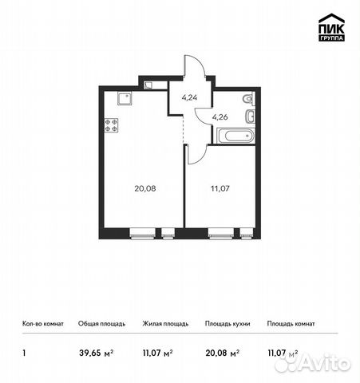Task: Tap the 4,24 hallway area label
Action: (x=190, y=99)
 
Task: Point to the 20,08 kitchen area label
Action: (x=144, y=189)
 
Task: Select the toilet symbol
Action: (x=248, y=99)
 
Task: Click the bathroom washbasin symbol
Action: (x=250, y=118)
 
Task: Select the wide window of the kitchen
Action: (x=144, y=235)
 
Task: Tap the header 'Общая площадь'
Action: (x=99, y=325)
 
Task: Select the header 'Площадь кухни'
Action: (x=227, y=325)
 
